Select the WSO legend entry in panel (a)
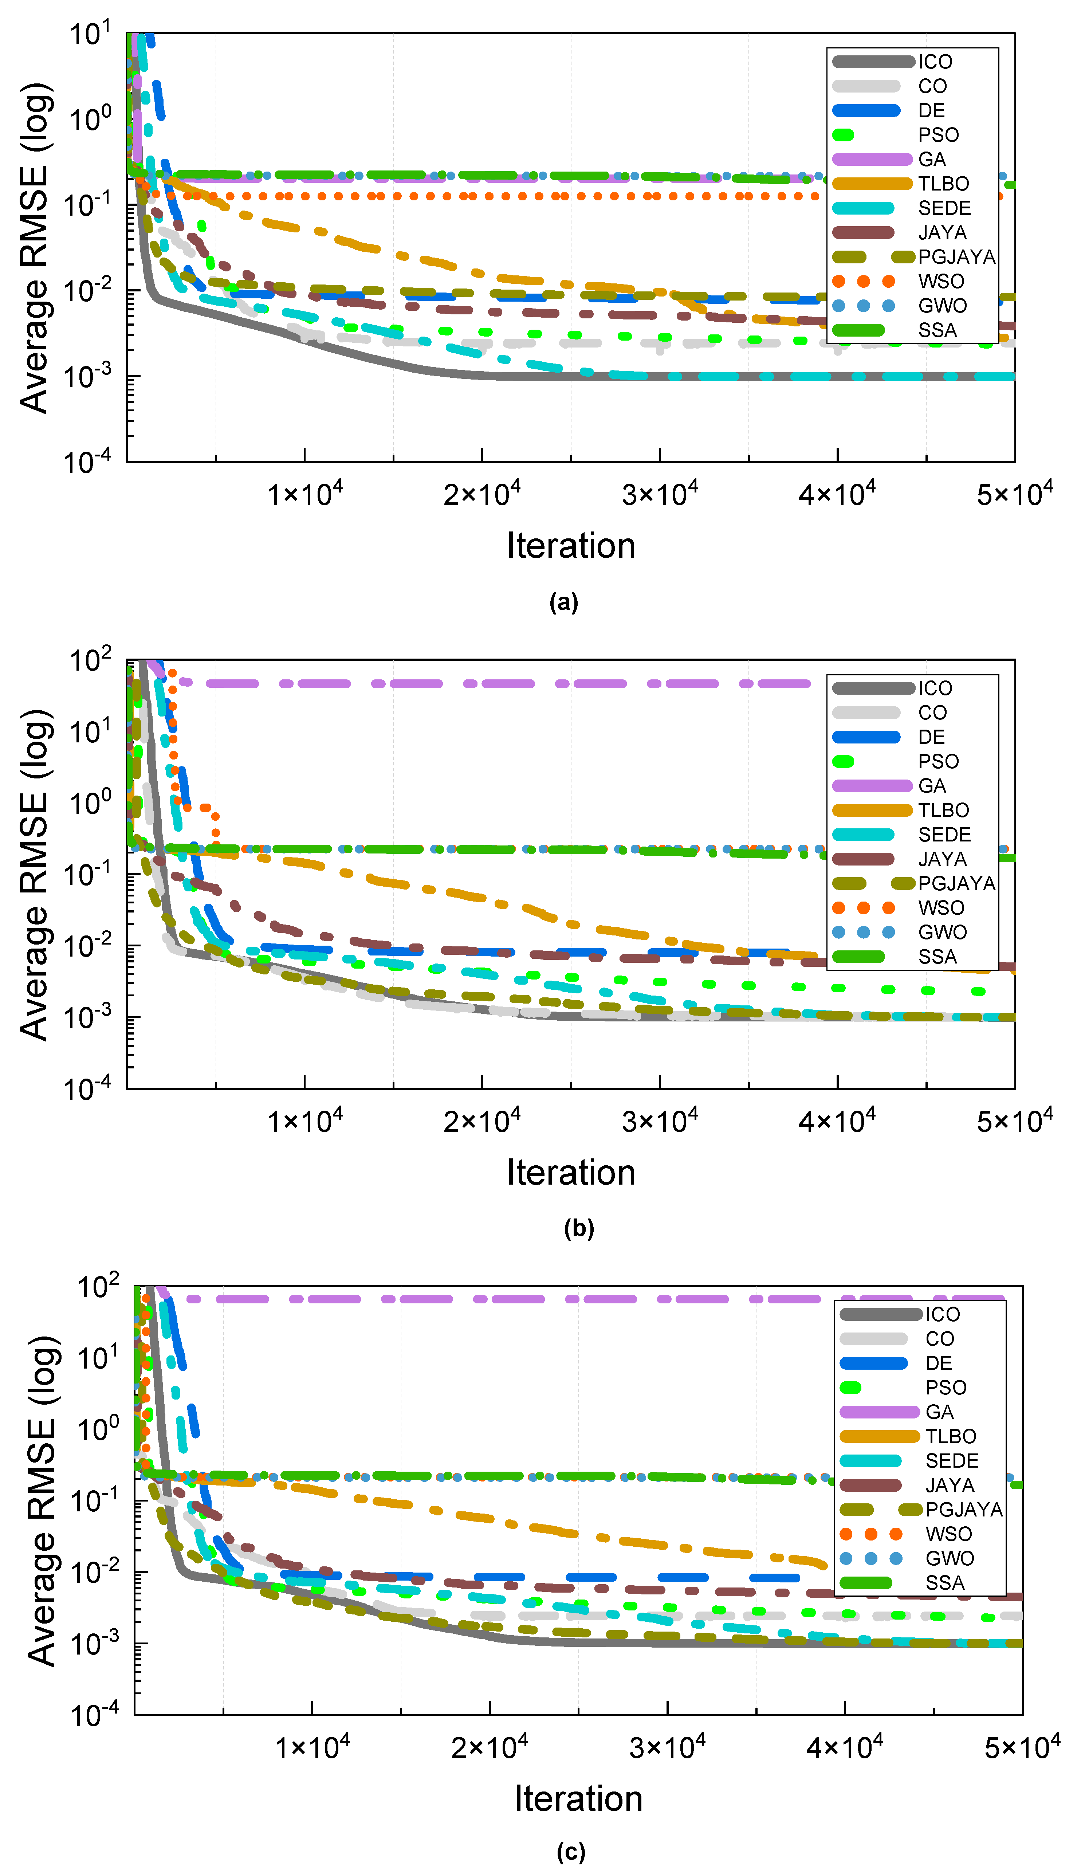[x=941, y=281]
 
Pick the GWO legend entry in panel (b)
[x=942, y=933]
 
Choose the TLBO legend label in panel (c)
[x=950, y=1437]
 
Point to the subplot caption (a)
[x=563, y=602]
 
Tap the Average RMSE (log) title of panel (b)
[x=36, y=875]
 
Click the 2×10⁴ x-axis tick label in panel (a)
[x=482, y=493]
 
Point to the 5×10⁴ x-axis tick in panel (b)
[x=1014, y=1119]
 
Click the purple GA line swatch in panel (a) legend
[x=872, y=160]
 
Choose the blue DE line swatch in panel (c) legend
[x=873, y=1363]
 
